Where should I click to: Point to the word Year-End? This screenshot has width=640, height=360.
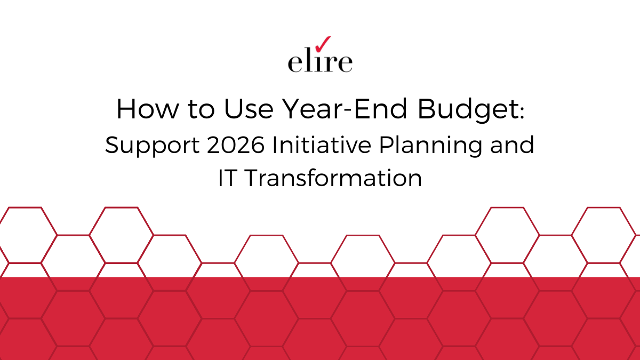point(346,109)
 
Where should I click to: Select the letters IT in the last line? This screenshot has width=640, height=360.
point(227,178)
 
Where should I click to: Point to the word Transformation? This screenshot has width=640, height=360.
point(333,178)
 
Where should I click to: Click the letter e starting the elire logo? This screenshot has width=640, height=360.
point(294,63)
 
